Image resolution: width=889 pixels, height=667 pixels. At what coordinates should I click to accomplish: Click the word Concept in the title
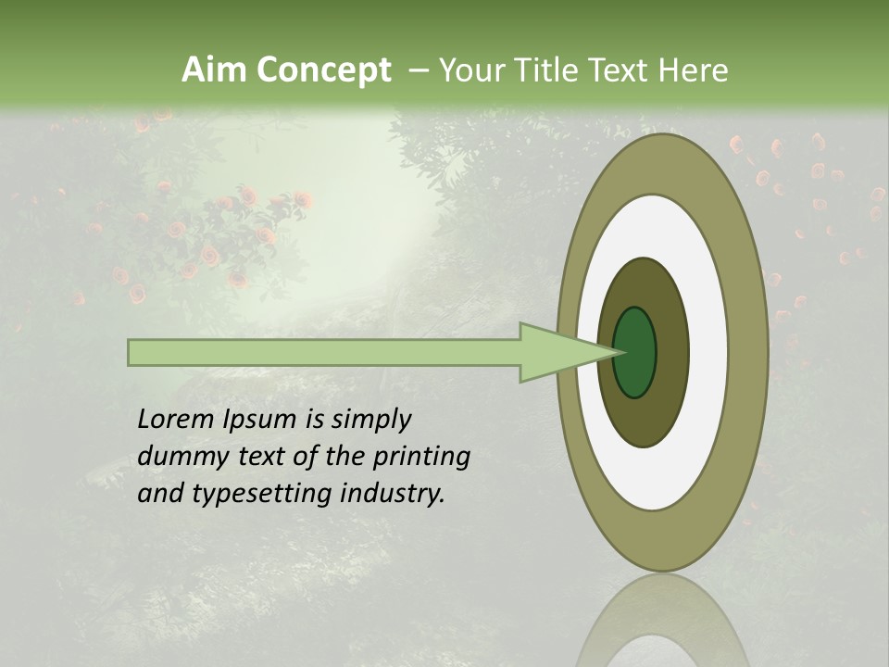(x=323, y=70)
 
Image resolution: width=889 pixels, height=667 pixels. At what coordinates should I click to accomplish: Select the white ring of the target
(x=708, y=352)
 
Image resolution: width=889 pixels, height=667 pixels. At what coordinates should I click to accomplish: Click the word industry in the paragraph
(x=393, y=494)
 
